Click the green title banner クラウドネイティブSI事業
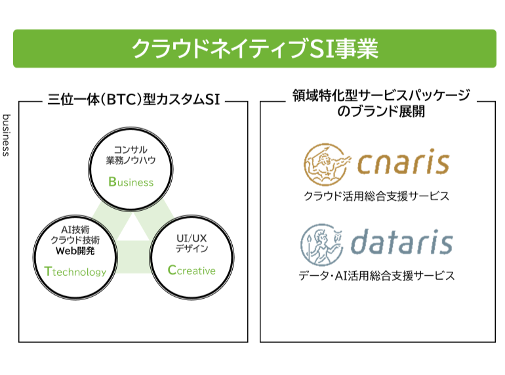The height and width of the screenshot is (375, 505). click(x=254, y=49)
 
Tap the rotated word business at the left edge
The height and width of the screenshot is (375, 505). click(x=6, y=134)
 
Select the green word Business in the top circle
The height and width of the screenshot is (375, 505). click(x=131, y=182)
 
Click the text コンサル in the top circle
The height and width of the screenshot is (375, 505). click(x=131, y=149)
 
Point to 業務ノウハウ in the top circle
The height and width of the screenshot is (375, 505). click(x=131, y=160)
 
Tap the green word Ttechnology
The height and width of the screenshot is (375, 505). click(x=75, y=271)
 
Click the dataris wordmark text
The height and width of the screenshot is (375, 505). click(x=401, y=242)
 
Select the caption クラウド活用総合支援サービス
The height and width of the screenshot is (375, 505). click(x=376, y=196)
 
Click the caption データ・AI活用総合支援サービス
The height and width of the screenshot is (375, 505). click(x=376, y=276)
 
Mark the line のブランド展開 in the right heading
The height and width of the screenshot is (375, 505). click(x=380, y=112)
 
